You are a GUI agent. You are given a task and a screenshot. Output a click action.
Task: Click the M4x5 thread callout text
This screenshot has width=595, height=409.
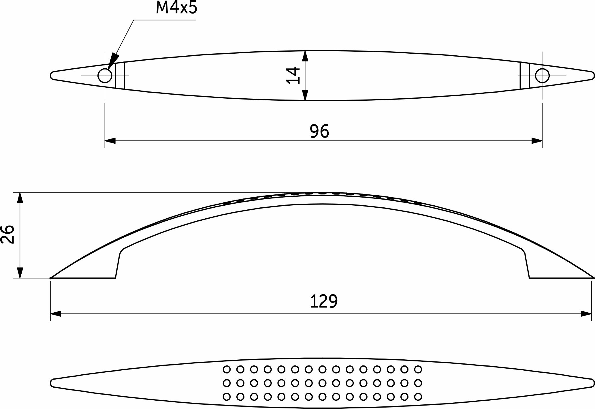tap(176, 8)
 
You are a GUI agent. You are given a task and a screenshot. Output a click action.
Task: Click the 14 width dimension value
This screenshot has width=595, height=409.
tap(293, 75)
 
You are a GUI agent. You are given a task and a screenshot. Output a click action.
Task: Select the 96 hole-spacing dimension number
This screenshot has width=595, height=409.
tap(319, 131)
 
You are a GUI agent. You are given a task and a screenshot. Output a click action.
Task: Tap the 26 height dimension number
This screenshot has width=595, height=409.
tap(8, 234)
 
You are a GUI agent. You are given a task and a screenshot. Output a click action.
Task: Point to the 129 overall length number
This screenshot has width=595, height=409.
tap(324, 302)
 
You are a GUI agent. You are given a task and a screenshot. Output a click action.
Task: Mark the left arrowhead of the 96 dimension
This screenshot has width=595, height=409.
tap(110, 141)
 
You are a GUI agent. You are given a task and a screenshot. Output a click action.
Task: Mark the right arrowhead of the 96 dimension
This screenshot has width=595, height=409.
tap(537, 141)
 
